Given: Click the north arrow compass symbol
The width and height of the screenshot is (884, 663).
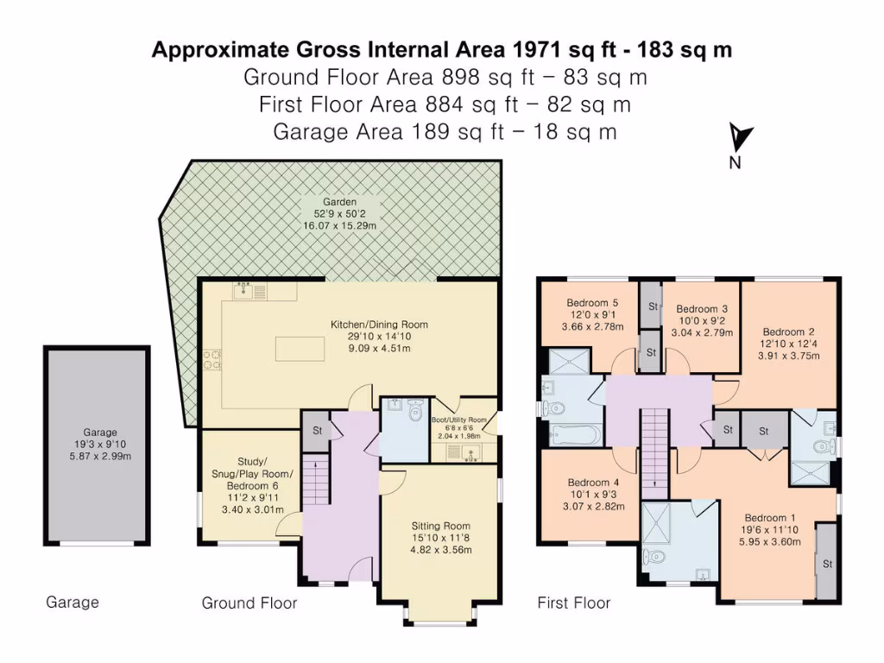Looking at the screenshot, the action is [x=739, y=137].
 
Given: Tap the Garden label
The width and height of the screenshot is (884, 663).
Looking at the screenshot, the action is [x=339, y=202].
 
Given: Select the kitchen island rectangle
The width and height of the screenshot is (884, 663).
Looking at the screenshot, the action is [x=300, y=349].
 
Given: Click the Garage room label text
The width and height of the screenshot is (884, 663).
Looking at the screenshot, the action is [x=100, y=433].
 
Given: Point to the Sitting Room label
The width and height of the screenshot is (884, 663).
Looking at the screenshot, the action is [x=440, y=526].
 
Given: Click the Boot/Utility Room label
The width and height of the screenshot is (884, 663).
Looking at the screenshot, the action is [x=459, y=420].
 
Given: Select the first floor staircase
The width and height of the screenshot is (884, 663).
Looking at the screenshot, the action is [x=654, y=454].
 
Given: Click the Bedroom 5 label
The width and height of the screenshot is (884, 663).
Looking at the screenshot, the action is [x=592, y=303].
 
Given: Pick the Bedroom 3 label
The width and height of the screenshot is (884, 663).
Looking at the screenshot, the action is [x=702, y=309].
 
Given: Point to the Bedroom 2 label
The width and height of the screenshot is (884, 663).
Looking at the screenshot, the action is [x=789, y=332].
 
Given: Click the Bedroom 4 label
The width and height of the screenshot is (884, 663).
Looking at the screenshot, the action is [x=593, y=483].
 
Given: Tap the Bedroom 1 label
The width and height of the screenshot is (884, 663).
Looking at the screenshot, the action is [x=769, y=518].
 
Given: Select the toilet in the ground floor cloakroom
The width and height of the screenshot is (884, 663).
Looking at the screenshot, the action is [x=416, y=411].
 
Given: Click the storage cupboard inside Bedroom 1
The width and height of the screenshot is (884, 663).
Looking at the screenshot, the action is [x=827, y=562].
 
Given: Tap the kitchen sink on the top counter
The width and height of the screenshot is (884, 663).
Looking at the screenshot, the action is [x=243, y=291].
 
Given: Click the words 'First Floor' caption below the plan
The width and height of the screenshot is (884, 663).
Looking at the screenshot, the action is [x=574, y=603].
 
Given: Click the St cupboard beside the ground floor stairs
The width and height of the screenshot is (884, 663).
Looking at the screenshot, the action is [x=316, y=431].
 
